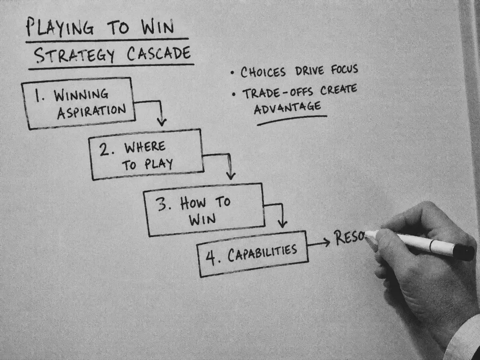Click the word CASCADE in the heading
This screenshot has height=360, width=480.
(x=159, y=53)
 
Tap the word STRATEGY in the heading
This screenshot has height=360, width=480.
(x=75, y=55)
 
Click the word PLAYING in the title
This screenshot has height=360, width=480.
(x=60, y=27)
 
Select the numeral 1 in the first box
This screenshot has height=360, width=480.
(x=38, y=96)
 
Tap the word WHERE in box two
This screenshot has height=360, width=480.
(x=145, y=147)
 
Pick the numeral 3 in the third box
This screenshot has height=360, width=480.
(x=161, y=204)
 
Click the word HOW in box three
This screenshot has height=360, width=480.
(x=193, y=203)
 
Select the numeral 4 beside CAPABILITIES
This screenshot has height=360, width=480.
(x=210, y=257)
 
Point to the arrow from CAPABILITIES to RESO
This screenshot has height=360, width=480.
(x=319, y=244)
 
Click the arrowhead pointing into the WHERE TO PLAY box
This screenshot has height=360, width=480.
(x=162, y=122)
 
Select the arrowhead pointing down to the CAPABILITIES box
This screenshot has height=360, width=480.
(x=282, y=224)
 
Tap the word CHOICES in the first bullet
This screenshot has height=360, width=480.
(x=263, y=72)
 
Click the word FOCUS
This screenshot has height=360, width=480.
(x=345, y=69)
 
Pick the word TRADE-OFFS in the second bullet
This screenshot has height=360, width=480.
(x=278, y=93)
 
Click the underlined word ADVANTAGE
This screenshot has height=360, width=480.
(x=287, y=108)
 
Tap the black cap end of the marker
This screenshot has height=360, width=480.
(x=464, y=252)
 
